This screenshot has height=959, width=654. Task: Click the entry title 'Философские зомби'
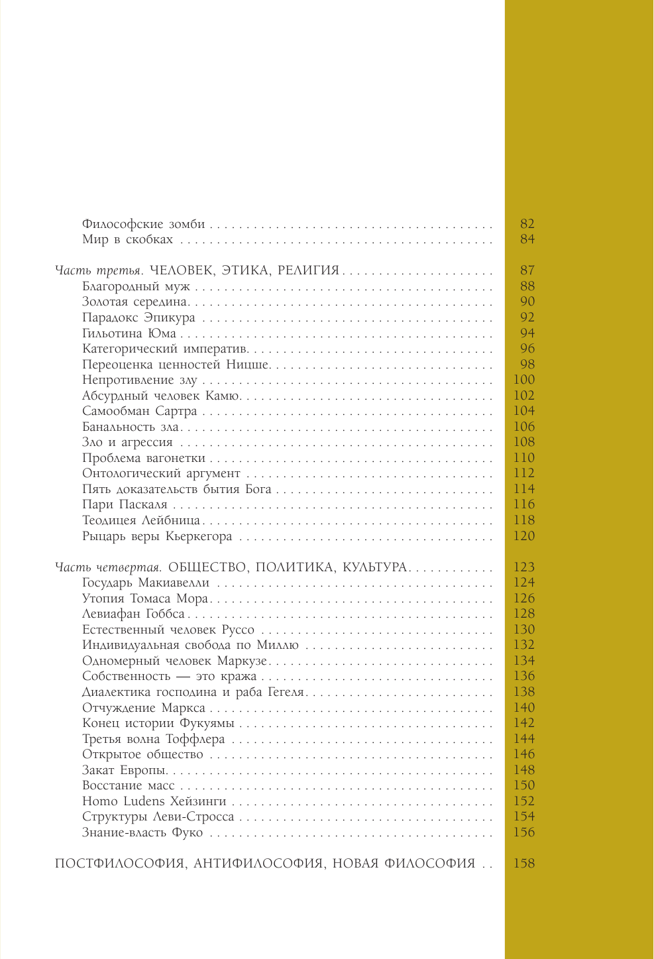pos(143,225)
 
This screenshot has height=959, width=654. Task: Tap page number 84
pos(527,239)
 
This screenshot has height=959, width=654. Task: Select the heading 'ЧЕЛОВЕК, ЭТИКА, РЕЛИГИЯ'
pos(245,270)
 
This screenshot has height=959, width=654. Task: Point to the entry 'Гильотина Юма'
pos(129,333)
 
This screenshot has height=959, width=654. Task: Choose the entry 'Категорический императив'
pos(165,349)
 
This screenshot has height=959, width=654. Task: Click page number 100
pos(524,380)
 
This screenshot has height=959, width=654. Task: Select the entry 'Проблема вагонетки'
pos(144,458)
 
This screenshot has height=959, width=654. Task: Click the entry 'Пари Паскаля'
pos(125,505)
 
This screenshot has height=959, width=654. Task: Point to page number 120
pos(524,536)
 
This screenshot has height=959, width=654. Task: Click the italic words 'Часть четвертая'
pos(108,567)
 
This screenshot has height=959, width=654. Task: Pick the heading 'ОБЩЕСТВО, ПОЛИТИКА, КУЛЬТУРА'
pos(288,567)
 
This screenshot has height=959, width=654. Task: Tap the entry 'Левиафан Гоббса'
pos(133,614)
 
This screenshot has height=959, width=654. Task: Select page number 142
pos(524,723)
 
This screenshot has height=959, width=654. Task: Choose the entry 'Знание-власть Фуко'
pos(142,832)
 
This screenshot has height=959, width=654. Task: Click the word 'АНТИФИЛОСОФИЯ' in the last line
pos(260,864)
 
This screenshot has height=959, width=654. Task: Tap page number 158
pos(524,864)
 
